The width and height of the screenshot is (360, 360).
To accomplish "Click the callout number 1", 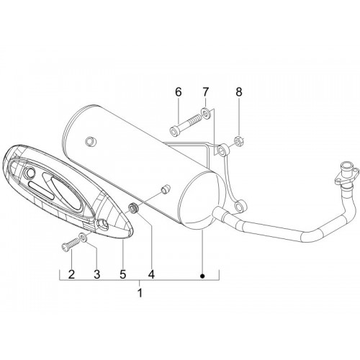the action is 140,293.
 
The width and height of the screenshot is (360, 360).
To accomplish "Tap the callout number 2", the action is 71,274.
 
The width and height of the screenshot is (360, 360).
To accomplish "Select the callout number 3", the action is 96,274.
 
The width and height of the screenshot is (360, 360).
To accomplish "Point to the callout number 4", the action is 151,274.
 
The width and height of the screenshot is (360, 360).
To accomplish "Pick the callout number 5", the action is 123,274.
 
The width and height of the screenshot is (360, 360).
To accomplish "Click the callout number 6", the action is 179,92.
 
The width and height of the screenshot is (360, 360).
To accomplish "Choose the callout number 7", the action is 206,92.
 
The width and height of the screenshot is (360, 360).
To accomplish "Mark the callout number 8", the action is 239,92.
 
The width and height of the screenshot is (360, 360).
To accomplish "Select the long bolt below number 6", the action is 185,125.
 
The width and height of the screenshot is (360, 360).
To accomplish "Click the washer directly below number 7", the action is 205,112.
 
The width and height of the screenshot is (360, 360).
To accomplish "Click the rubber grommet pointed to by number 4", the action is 134,207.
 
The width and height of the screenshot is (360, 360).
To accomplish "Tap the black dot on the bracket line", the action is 202,276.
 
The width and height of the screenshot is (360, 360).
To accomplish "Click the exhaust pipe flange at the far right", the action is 346,174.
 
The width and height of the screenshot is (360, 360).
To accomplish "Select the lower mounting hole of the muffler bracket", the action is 239,206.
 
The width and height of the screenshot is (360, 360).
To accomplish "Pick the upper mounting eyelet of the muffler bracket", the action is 223,150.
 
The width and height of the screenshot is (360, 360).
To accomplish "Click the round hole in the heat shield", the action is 30,172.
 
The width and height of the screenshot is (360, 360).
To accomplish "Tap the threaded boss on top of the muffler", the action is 91,141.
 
